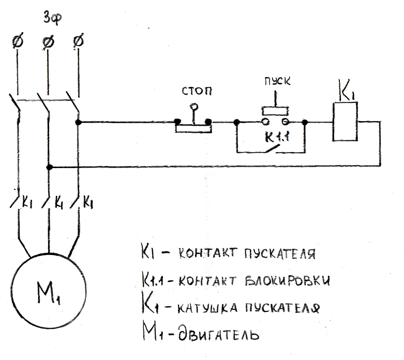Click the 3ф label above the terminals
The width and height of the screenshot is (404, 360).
pyautogui.click(x=53, y=18)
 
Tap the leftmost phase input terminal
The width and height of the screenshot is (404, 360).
pyautogui.click(x=18, y=41)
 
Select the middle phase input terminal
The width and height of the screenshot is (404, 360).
pyautogui.click(x=48, y=42)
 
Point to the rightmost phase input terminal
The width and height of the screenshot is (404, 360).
pyautogui.click(x=78, y=41)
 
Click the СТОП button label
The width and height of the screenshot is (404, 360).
pyautogui.click(x=197, y=91)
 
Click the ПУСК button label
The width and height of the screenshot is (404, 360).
pyautogui.click(x=277, y=81)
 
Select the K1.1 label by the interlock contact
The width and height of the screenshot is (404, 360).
pyautogui.click(x=277, y=137)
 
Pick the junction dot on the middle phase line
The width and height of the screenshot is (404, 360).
pyautogui.click(x=50, y=168)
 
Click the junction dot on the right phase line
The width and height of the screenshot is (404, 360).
pyautogui.click(x=78, y=123)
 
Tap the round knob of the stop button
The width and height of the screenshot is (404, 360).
pyautogui.click(x=194, y=106)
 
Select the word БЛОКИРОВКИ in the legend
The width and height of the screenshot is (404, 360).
pyautogui.click(x=287, y=281)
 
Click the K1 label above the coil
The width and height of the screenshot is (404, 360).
pyautogui.click(x=346, y=90)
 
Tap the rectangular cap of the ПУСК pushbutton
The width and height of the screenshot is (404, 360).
pyautogui.click(x=275, y=111)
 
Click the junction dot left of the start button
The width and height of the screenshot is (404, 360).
pyautogui.click(x=237, y=122)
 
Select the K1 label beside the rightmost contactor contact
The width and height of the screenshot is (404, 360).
pyautogui.click(x=88, y=202)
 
